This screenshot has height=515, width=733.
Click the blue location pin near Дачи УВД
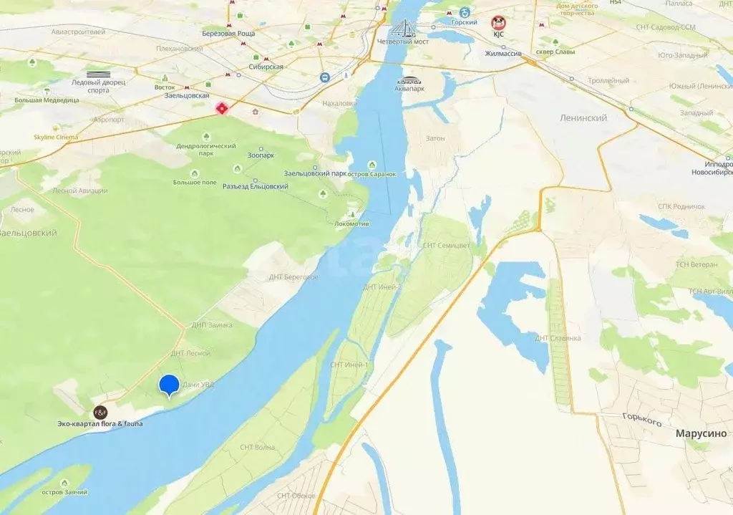[169, 385]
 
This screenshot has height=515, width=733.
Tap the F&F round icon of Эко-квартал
[100, 413]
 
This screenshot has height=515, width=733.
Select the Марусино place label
[701, 433]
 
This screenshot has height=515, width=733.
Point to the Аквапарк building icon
[410, 81]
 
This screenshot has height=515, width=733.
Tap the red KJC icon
[498, 22]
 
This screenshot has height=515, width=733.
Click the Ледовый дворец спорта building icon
[99, 74]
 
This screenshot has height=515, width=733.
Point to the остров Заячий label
[64, 492]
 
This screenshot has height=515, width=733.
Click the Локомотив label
[351, 223]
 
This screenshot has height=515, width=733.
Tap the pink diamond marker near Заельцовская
[222, 108]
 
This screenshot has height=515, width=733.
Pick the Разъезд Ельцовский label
[255, 187]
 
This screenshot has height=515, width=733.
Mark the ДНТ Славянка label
[558, 338]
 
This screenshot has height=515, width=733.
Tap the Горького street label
[641, 421]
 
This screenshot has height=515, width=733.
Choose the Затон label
[435, 138]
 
